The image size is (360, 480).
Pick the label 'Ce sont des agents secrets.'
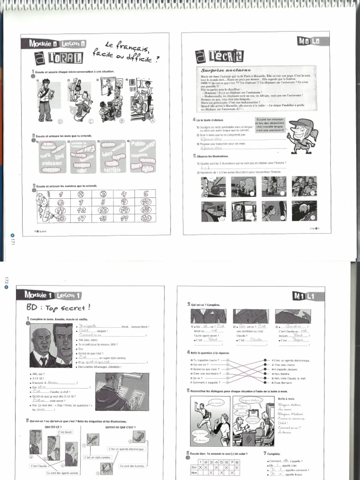[62, 472]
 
